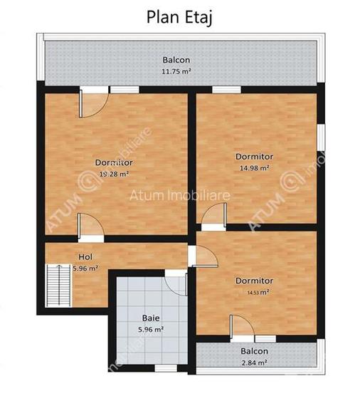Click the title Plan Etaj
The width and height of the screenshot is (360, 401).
pyautogui.click(x=179, y=16)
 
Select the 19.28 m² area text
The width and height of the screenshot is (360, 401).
pyautogui.click(x=114, y=173)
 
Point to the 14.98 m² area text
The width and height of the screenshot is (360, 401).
pyautogui.click(x=254, y=168)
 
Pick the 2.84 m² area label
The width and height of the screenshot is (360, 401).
pyautogui.click(x=254, y=363)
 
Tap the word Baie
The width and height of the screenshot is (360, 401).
pyautogui.click(x=149, y=318)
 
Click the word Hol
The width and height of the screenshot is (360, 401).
pyautogui.click(x=85, y=256)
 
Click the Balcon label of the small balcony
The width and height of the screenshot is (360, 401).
pyautogui.click(x=254, y=351)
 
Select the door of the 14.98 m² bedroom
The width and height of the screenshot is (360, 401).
pyautogui.click(x=213, y=216)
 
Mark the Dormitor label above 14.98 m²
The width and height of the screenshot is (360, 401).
pyautogui.click(x=254, y=157)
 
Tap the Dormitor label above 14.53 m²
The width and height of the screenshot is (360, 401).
pyautogui.click(x=254, y=281)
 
